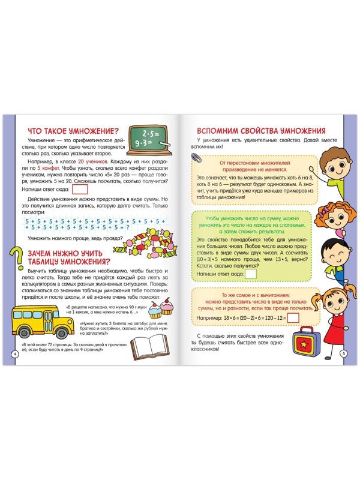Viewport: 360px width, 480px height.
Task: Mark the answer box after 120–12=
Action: pos(293,316)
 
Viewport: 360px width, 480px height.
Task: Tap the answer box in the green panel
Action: pos(251,274)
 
